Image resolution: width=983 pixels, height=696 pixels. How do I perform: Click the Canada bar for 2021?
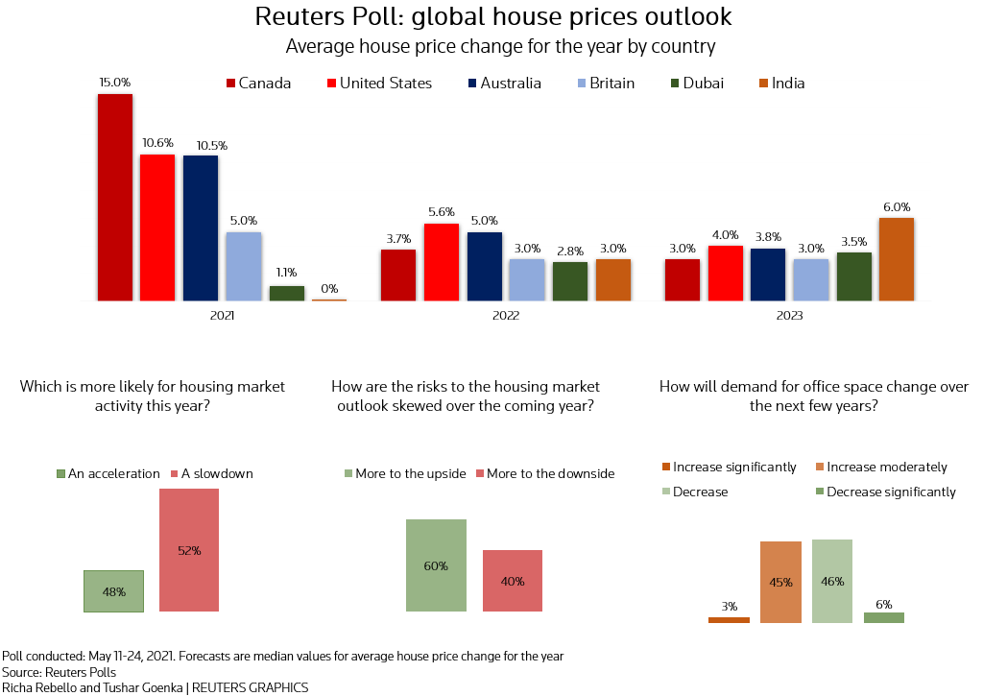click(x=114, y=197)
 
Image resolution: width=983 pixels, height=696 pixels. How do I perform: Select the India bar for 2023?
click(x=896, y=259)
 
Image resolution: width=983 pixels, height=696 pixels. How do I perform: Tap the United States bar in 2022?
click(x=441, y=262)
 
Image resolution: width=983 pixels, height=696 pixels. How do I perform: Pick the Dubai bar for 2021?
click(x=286, y=293)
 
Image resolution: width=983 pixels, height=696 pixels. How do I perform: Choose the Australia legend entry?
click(x=504, y=84)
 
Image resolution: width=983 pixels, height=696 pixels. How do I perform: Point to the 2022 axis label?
click(x=505, y=316)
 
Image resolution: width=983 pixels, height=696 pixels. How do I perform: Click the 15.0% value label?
click(x=115, y=83)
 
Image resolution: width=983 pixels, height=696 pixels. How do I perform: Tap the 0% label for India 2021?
click(x=329, y=288)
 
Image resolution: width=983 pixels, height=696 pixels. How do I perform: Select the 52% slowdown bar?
click(x=189, y=550)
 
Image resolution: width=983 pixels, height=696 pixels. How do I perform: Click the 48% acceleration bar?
click(x=113, y=591)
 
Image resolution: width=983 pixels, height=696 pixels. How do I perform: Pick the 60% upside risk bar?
click(x=436, y=565)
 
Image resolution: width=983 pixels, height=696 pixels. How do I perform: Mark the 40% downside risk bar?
click(x=513, y=581)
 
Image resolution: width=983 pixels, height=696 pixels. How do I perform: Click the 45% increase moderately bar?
click(x=780, y=582)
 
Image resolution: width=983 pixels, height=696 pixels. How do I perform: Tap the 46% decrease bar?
click(x=832, y=581)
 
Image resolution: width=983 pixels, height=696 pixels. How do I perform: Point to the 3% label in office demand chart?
click(x=730, y=606)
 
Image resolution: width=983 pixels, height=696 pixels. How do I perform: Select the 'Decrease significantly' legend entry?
click(x=883, y=492)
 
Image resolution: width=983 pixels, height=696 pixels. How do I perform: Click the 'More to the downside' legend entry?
click(x=543, y=473)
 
